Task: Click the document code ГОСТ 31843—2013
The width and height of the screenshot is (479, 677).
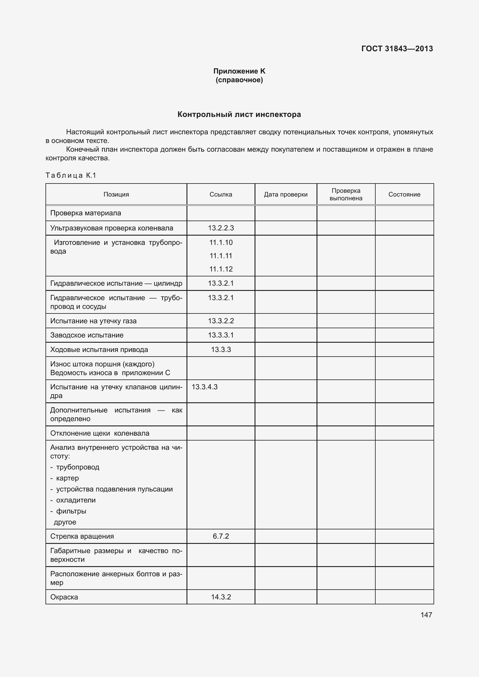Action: pos(397,49)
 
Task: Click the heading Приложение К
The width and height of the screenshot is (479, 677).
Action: pos(239,71)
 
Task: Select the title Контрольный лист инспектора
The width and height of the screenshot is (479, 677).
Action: pos(239,114)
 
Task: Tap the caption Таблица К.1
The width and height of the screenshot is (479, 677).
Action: pos(71,175)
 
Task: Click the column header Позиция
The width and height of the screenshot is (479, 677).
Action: pos(116,194)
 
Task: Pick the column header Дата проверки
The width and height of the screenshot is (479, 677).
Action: pos(286,194)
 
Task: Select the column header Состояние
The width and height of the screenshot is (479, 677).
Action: pos(404,194)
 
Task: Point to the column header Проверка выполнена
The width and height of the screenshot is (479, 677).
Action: pos(346,194)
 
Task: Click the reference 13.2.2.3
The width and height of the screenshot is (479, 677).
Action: pos(221,228)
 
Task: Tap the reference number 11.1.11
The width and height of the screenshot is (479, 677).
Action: pos(221,256)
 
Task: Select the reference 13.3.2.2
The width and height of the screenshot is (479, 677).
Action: pos(221,321)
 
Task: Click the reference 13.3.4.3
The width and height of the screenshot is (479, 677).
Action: pos(205,387)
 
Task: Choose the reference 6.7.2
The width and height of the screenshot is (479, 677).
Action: pos(221,536)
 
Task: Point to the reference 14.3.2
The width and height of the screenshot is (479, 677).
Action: pos(221,597)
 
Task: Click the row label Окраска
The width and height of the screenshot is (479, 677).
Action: pos(64,597)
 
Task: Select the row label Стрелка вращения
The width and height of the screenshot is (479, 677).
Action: pos(82,536)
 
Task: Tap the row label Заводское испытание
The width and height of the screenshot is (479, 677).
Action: pos(87,335)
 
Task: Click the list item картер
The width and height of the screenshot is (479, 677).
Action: pos(67,478)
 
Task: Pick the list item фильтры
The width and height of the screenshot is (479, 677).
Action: pos(71,511)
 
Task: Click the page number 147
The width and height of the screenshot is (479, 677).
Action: pos(426,615)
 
